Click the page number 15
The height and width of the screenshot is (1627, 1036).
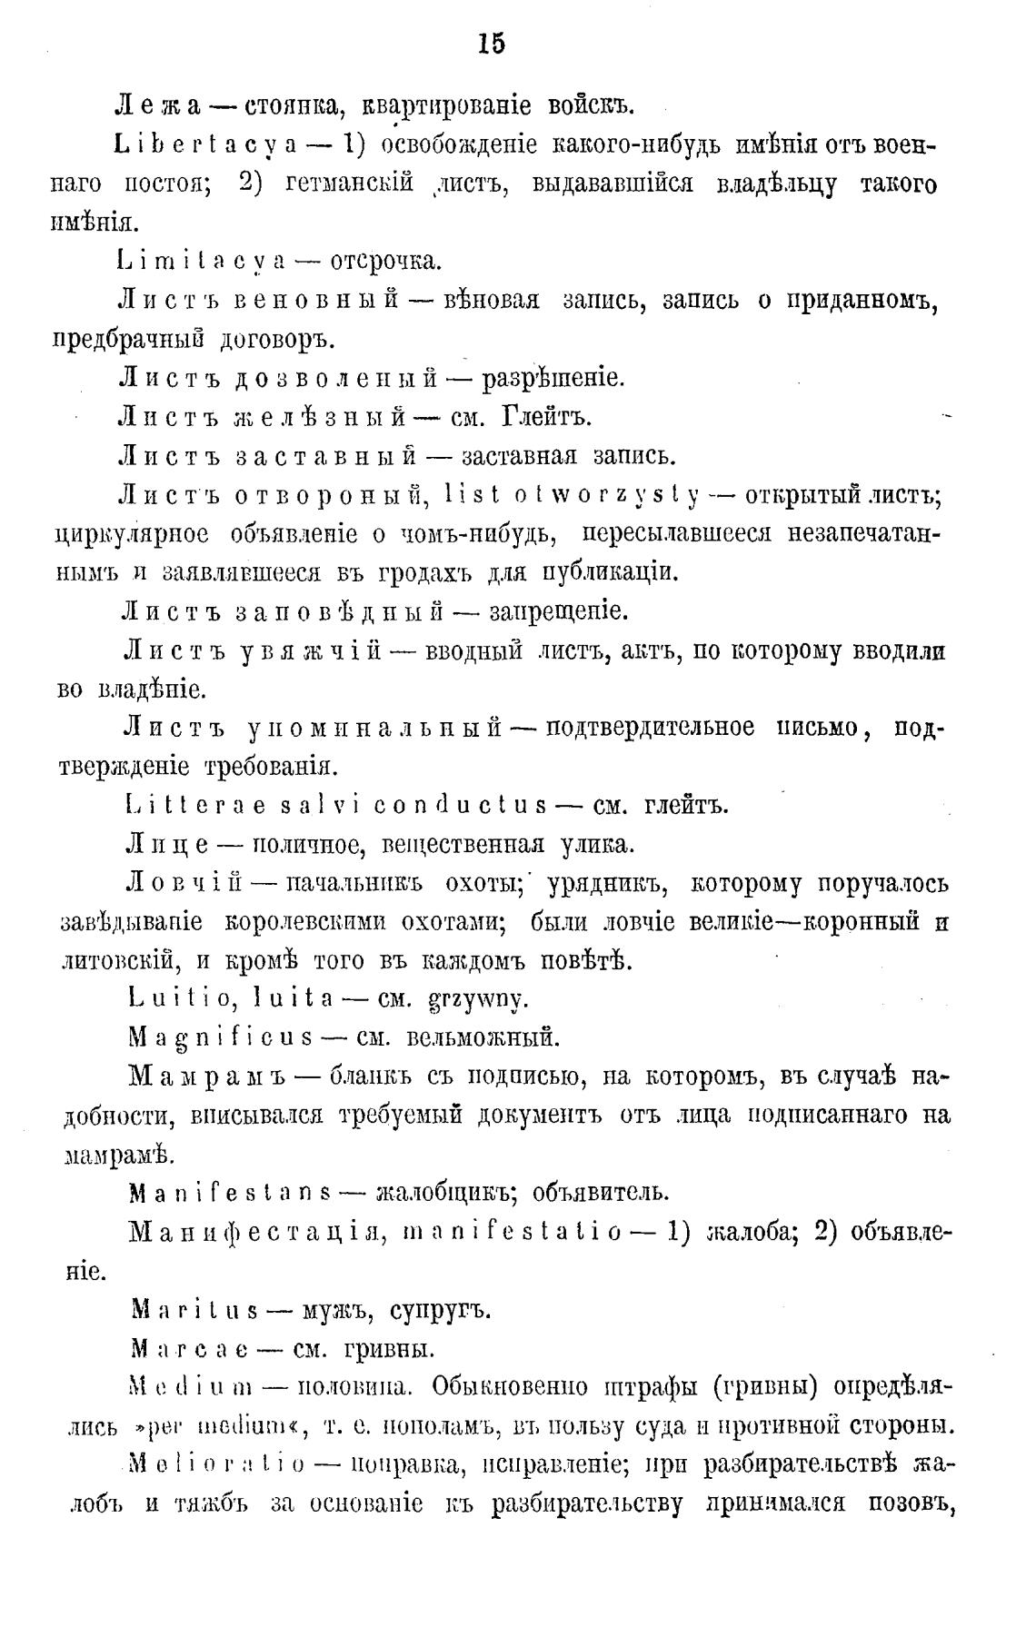(x=491, y=44)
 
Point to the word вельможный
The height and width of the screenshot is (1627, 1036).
(x=481, y=1037)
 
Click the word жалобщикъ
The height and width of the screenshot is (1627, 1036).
(x=436, y=1192)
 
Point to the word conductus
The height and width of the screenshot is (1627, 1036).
(x=461, y=806)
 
